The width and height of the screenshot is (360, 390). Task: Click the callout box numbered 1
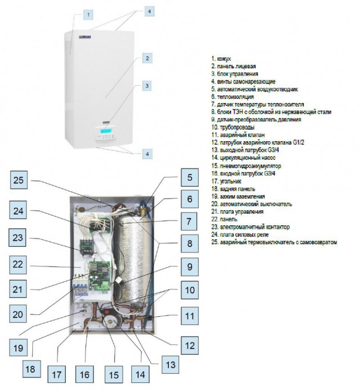click(x=88, y=15)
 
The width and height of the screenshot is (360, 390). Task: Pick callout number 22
click(x=18, y=265)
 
